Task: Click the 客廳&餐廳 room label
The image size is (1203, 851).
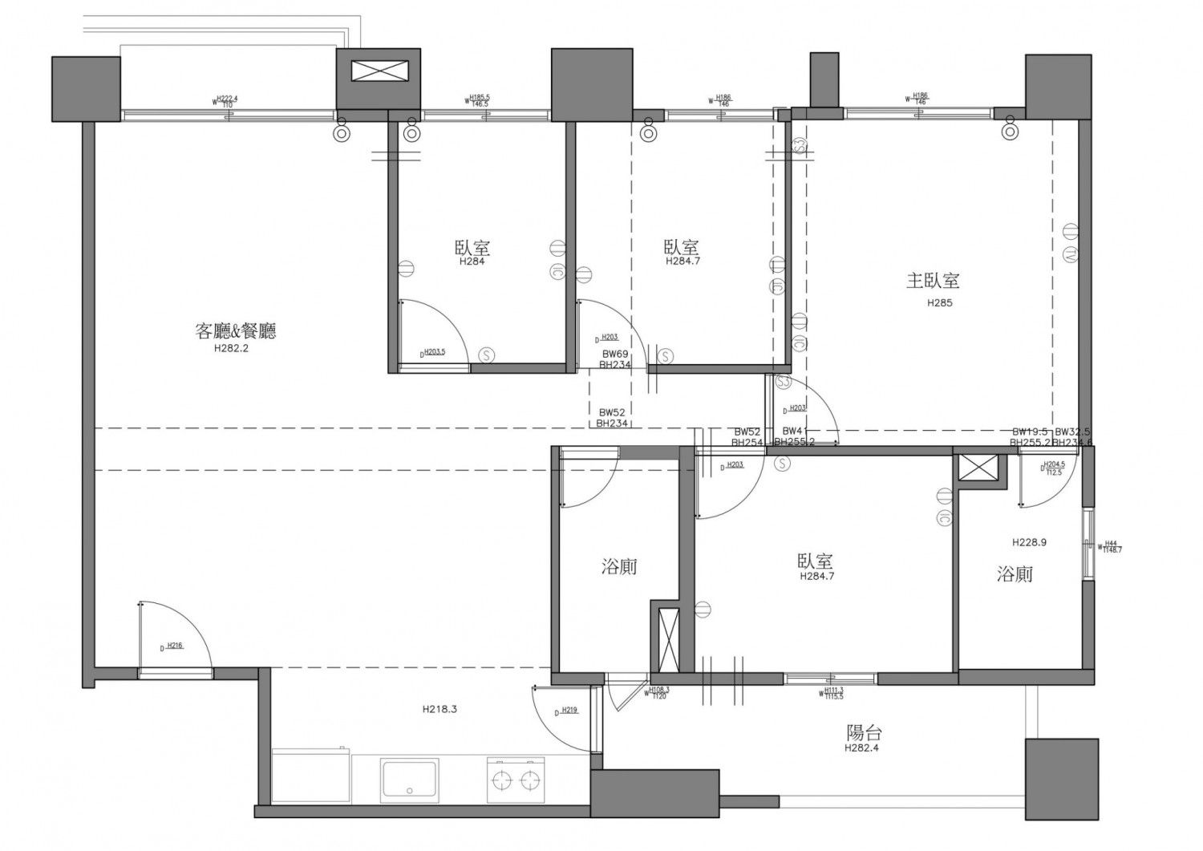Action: click(236, 330)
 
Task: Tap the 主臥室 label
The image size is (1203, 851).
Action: click(933, 281)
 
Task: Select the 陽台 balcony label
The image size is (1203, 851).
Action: click(864, 732)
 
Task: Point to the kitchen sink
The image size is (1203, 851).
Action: click(410, 779)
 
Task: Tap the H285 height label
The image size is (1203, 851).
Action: click(939, 303)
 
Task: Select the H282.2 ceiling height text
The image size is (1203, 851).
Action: click(232, 349)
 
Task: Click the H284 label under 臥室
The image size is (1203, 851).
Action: click(472, 261)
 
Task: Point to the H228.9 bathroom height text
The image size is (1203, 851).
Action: click(1029, 542)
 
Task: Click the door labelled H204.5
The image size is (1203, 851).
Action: click(1047, 481)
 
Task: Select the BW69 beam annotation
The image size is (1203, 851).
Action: click(615, 353)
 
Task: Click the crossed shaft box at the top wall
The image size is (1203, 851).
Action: click(379, 71)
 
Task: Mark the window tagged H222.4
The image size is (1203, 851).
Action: click(227, 115)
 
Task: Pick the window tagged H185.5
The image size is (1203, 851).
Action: click(479, 115)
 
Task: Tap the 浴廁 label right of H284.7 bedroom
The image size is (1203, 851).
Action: click(1015, 574)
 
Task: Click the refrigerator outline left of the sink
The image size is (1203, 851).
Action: click(311, 776)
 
